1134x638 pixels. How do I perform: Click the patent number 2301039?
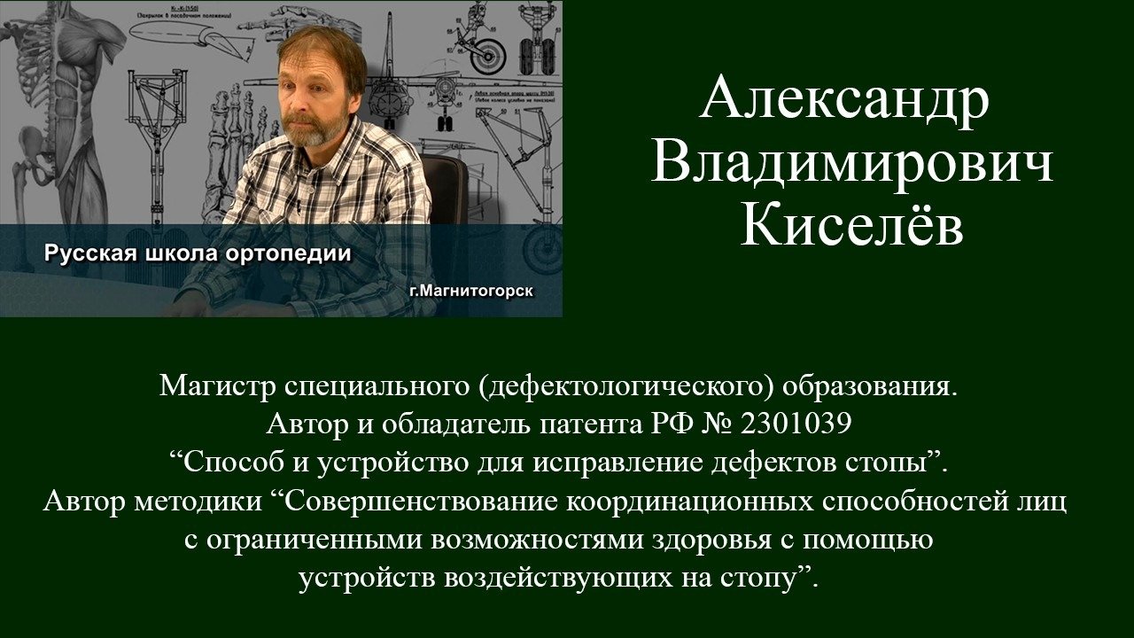click(796, 424)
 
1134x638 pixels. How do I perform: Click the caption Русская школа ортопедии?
click(198, 253)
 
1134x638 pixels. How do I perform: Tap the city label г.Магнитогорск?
click(471, 292)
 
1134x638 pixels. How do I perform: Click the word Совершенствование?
click(419, 502)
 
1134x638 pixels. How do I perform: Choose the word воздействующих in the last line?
click(559, 579)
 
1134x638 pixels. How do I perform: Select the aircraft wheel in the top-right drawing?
click(487, 56)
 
